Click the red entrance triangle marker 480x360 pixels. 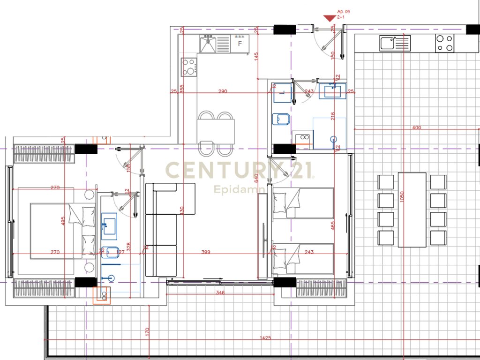pos(330,18)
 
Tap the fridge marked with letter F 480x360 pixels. pos(240,44)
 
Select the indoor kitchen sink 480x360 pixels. pos(207,44)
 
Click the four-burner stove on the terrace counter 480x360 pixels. pos(445,44)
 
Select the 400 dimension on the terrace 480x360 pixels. pos(416,127)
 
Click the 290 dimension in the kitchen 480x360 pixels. pos(222,91)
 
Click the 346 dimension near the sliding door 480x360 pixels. pos(221,293)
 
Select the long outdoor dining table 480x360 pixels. pos(412,210)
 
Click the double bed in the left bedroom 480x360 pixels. pos(56,230)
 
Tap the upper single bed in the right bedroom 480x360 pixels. pos(303,203)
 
